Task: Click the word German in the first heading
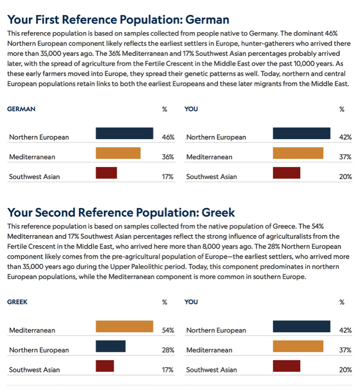click(x=207, y=20)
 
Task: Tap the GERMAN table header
click(x=21, y=109)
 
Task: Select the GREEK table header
click(x=17, y=302)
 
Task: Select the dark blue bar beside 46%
click(x=124, y=133)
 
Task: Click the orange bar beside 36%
click(x=118, y=153)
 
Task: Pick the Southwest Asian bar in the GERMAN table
click(x=107, y=173)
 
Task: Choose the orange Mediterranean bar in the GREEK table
click(x=124, y=326)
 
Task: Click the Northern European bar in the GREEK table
click(x=110, y=346)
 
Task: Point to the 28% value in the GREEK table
click(x=168, y=350)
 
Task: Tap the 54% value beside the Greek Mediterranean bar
click(x=168, y=330)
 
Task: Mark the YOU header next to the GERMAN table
click(x=191, y=109)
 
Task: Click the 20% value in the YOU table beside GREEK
click(x=346, y=370)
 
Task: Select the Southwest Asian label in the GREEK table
click(x=34, y=370)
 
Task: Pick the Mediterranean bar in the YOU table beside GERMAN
click(x=298, y=153)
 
